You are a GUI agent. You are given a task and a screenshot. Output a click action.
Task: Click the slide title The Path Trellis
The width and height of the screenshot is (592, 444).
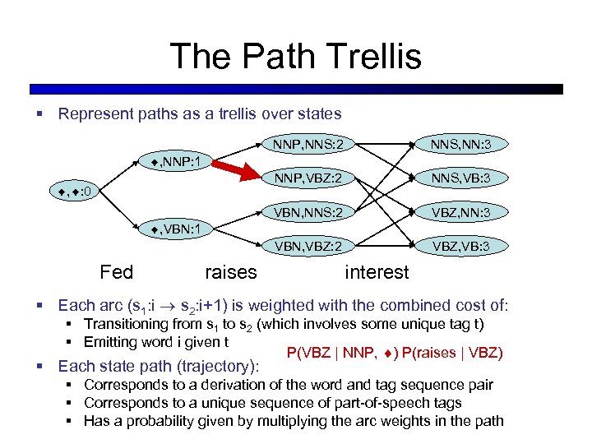[x=295, y=57]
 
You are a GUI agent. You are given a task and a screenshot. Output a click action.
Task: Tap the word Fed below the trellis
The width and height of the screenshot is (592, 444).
[x=116, y=271]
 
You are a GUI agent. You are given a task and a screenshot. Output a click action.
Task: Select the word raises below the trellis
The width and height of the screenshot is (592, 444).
[x=230, y=272]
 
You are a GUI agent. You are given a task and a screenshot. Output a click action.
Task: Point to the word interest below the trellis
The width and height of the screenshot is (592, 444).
[x=377, y=272]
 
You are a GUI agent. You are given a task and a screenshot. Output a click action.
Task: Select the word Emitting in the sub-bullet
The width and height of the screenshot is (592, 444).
[x=112, y=342]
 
